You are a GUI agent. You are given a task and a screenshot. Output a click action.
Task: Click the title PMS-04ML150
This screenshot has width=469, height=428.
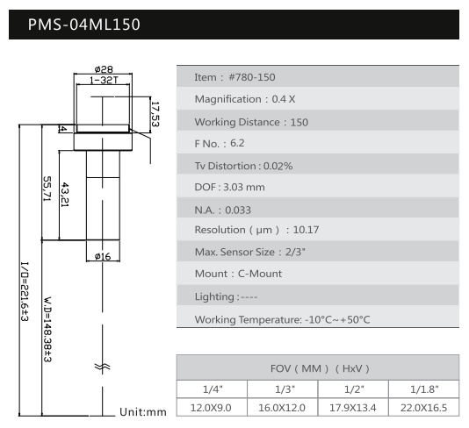(84, 25)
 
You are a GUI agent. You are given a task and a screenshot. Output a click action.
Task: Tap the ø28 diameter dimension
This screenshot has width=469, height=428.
(104, 69)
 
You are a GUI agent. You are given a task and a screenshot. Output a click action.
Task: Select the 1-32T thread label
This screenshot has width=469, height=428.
(104, 80)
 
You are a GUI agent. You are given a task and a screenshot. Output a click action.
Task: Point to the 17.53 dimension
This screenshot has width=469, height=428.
(155, 114)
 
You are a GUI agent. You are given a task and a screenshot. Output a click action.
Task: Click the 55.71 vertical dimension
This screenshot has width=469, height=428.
(47, 189)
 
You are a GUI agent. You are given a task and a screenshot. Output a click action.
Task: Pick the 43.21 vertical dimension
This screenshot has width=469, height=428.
(65, 195)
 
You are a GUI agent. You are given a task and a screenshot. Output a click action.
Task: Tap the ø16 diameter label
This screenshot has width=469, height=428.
(103, 257)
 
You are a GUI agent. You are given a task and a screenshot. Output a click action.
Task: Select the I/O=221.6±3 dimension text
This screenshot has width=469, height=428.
(25, 291)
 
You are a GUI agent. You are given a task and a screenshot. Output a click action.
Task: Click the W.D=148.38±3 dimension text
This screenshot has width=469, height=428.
(47, 330)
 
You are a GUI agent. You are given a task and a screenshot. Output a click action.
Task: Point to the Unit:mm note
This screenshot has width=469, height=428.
(143, 412)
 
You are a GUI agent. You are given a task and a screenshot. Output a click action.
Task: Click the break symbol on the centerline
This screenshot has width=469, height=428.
(102, 367)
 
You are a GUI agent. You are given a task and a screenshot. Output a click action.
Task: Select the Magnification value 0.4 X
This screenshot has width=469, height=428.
(284, 99)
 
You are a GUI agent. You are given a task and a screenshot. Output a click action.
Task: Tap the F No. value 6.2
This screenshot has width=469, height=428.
(237, 143)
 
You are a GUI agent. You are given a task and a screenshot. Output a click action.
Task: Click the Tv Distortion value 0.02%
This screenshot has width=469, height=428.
(278, 166)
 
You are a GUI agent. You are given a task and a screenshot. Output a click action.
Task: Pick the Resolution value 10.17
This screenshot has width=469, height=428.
(306, 230)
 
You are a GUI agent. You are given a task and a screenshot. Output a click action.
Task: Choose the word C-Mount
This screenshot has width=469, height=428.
(260, 274)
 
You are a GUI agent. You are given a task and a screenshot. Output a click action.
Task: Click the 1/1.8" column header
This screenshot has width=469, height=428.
(424, 389)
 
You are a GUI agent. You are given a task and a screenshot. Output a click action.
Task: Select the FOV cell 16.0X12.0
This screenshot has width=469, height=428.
(282, 408)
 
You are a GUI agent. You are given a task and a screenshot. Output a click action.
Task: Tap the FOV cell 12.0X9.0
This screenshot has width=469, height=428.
(211, 408)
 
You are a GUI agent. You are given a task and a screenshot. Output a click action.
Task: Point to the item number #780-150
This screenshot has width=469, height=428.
(252, 77)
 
